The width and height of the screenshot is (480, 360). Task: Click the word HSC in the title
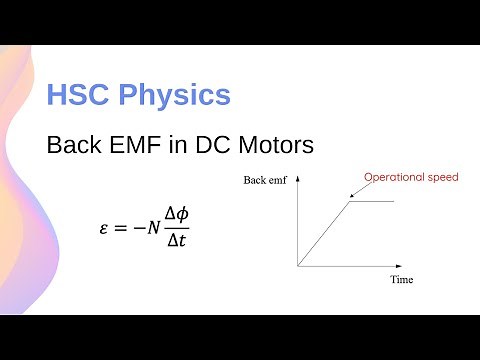pos(78,96)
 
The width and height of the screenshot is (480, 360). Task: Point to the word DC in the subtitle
pos(213,146)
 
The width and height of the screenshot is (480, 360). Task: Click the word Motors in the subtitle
pos(277,146)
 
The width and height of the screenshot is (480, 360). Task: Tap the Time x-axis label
pos(402,280)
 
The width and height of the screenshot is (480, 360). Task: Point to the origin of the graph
pos(298,265)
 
